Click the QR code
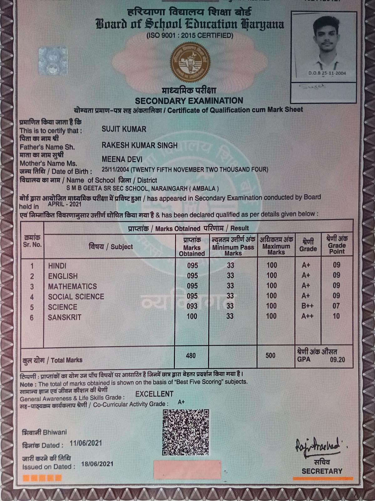point(186,432)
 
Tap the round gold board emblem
point(190,61)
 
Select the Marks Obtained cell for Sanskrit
point(192,316)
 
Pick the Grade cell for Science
point(307,306)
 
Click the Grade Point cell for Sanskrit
point(336,316)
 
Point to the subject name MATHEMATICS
point(72,286)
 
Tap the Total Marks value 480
point(191,356)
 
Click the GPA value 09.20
point(337,360)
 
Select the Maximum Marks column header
point(276,246)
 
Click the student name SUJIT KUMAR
point(124,129)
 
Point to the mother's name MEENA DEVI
point(122,159)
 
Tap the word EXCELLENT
point(154,394)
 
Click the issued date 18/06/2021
point(97,464)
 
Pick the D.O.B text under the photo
point(327,73)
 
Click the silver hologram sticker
point(53,61)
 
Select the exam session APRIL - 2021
point(65,204)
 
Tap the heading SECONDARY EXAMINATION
point(189,101)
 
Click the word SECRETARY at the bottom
point(322,471)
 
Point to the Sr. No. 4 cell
point(32,297)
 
